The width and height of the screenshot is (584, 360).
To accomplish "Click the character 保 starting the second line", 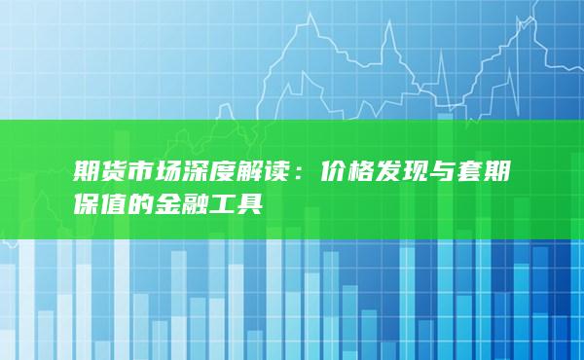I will click(x=87, y=201).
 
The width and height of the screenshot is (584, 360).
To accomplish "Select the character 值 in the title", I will click(x=115, y=201).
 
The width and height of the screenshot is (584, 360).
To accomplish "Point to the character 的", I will click(x=143, y=201).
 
